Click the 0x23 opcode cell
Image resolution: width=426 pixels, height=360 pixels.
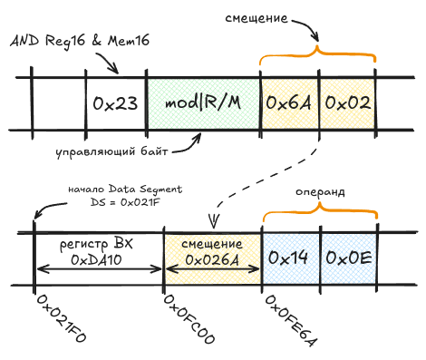coord(115,103)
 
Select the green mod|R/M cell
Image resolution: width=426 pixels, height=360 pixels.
coord(203,103)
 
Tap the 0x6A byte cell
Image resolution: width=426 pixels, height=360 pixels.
coord(288,103)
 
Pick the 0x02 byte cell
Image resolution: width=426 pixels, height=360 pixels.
coord(348,103)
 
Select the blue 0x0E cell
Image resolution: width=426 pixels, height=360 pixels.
coord(348,258)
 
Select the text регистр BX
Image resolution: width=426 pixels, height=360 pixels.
coord(97,244)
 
